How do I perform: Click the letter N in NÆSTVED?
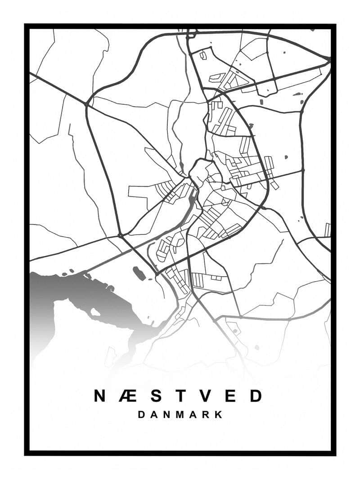coord(100,396)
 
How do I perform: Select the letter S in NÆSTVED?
coord(155,396)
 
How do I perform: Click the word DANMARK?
coord(180,414)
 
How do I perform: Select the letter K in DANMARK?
coord(219,414)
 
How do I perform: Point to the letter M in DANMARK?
coord(180,414)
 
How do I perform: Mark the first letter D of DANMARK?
coord(141,414)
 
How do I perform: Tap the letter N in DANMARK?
coord(166,414)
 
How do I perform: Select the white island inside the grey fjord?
coord(95,311)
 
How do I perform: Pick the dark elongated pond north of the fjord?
coord(139,273)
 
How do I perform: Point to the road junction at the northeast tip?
coord(329,59)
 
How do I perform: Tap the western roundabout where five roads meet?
coord(120,235)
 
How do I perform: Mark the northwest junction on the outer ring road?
coord(86,104)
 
